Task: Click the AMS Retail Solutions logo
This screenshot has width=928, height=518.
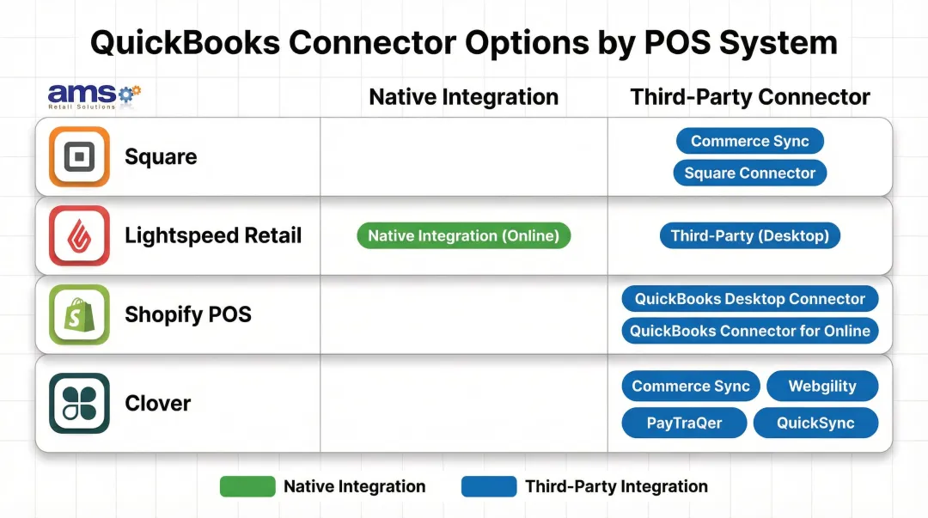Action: pos(94,95)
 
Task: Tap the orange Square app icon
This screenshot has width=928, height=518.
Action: pos(79,156)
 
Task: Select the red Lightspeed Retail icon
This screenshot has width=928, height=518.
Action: pos(79,235)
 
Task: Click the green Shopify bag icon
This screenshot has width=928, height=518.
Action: pos(79,314)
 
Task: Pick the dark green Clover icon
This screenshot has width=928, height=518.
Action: pos(79,403)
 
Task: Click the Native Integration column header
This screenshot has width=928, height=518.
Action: pos(463,97)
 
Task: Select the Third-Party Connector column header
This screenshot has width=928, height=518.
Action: pos(750,97)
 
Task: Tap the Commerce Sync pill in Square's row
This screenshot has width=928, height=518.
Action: pos(749,141)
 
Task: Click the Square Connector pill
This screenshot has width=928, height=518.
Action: pos(749,173)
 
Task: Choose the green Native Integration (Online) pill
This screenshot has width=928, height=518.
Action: pos(463,235)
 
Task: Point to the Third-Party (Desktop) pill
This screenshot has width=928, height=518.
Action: pos(749,235)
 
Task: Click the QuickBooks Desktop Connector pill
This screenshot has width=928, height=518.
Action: pos(749,299)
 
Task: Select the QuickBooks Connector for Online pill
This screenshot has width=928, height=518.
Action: pos(749,331)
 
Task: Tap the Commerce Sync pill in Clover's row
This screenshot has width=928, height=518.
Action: pos(691,387)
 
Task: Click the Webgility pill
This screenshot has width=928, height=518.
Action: pos(822,387)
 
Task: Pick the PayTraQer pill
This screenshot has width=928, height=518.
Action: pos(684,423)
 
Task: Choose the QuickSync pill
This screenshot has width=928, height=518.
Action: pos(815,423)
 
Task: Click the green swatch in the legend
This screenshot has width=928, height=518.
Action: pos(247,486)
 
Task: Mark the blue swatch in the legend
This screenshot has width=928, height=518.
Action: pos(489,486)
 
